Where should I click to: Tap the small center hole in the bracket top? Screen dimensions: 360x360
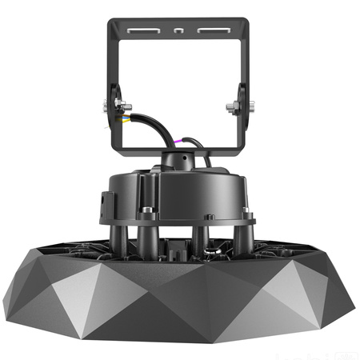(180, 32)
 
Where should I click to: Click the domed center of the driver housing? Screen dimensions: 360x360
(180, 172)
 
